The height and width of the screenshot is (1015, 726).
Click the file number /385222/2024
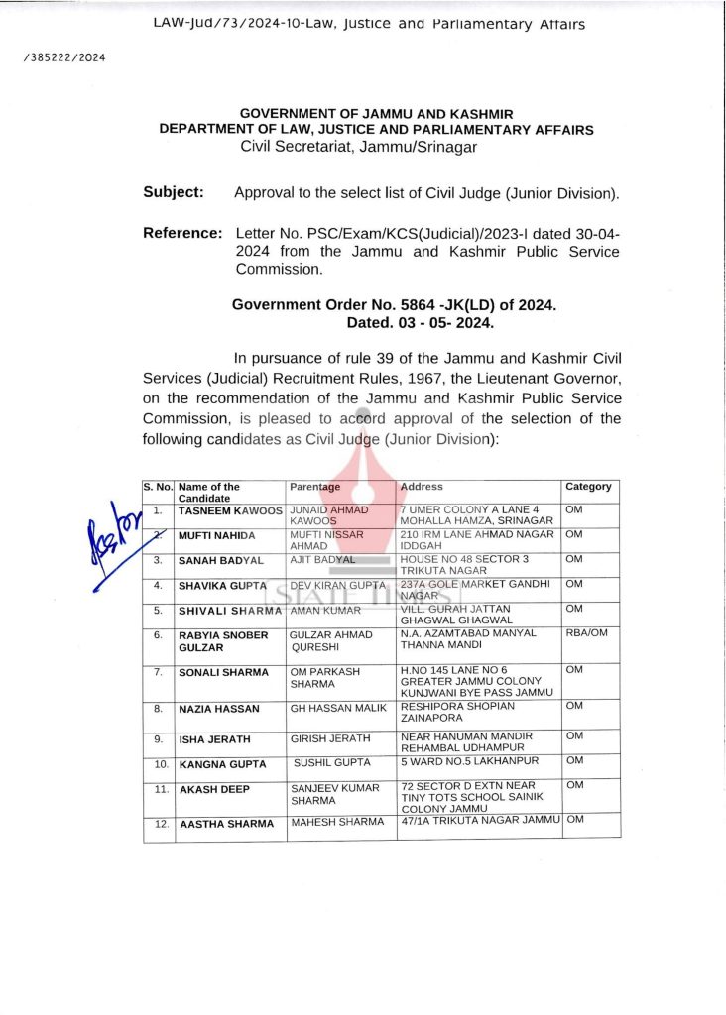click(63, 56)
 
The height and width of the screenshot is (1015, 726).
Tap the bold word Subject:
click(174, 192)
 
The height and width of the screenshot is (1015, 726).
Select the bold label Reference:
click(182, 233)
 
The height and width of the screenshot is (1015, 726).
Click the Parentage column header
click(314, 487)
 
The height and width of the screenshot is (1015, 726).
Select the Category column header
click(588, 487)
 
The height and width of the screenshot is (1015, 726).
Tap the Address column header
click(422, 487)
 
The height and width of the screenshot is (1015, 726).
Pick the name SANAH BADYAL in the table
click(220, 560)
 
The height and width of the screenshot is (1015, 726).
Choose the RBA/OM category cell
click(585, 632)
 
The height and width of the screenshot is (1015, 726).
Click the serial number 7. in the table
click(159, 672)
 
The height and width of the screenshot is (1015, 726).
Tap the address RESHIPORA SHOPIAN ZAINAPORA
click(457, 714)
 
